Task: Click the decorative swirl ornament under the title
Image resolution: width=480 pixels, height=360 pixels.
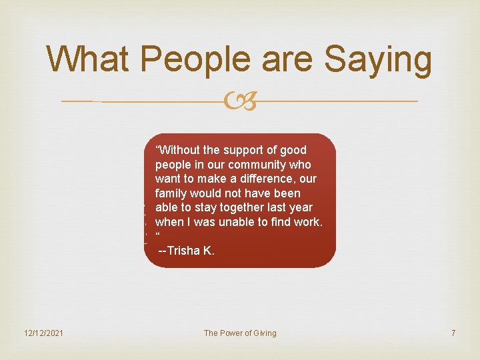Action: [x=239, y=102]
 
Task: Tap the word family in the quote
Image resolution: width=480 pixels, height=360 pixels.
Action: [x=171, y=193]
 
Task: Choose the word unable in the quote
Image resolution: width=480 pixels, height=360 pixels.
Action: [x=233, y=222]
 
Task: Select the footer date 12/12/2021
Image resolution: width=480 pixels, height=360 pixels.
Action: [x=43, y=333]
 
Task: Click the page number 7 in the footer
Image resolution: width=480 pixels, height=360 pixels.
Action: [x=453, y=333]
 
